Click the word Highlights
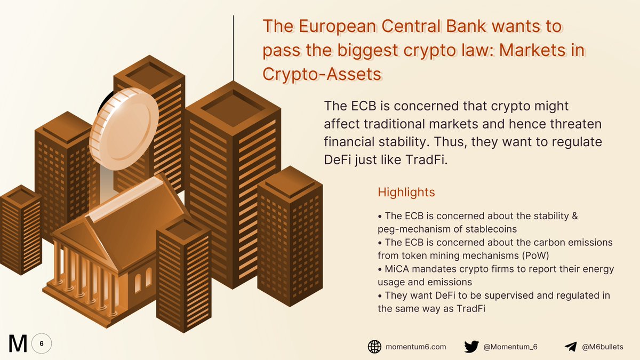coord(406,193)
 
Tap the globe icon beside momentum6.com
coord(374,347)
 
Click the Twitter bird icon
coord(471,347)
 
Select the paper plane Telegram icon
coord(571,347)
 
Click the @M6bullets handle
coord(603,347)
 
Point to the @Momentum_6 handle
coord(510,347)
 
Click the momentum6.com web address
coord(415,347)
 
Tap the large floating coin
coord(124,129)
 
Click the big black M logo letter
coord(18,343)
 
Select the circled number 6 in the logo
coord(42,343)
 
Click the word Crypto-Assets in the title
coord(322,74)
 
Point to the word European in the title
coord(338,26)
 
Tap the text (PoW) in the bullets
coord(535,255)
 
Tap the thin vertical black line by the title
coord(234,48)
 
